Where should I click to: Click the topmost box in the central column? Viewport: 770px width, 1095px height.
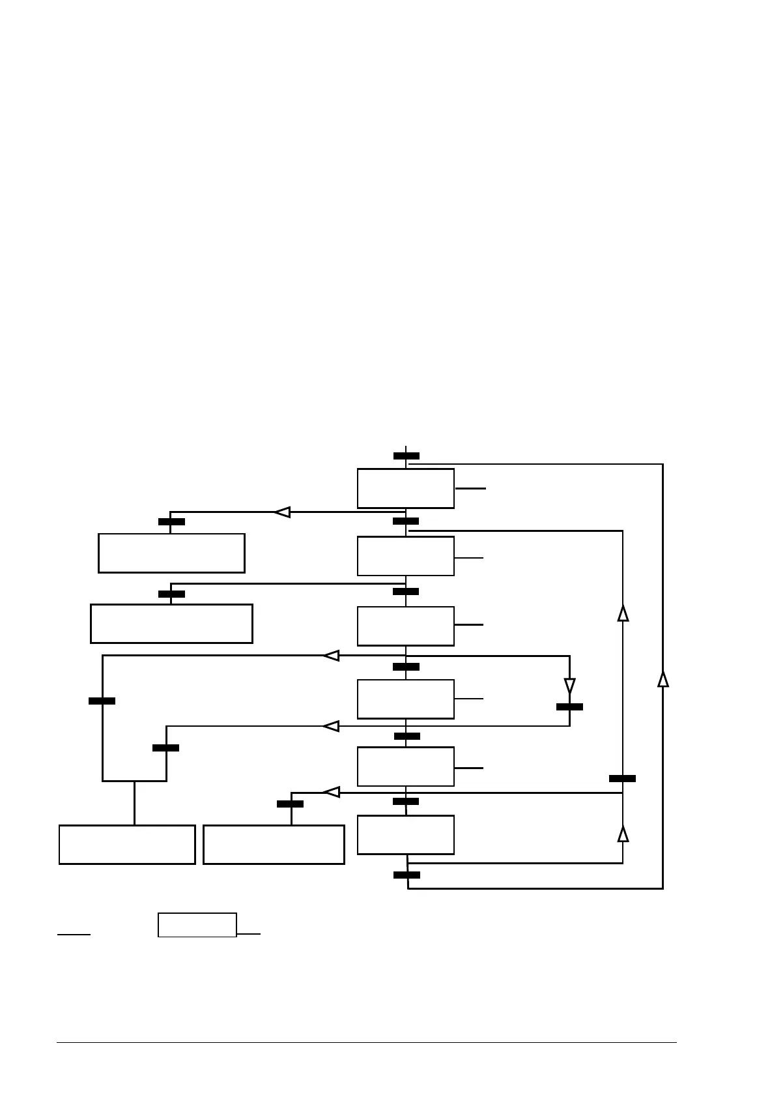(x=405, y=488)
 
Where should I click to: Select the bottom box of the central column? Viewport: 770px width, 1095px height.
(x=405, y=834)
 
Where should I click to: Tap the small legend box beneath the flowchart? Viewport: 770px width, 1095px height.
(x=197, y=925)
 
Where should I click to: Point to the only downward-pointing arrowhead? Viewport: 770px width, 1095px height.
(x=569, y=686)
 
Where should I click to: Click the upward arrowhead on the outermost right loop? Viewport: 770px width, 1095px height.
(x=663, y=679)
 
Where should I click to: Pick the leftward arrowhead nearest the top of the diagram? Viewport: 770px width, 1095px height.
(x=281, y=512)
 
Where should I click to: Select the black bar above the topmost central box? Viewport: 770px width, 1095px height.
(x=406, y=456)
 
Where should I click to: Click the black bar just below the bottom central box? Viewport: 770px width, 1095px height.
(x=406, y=875)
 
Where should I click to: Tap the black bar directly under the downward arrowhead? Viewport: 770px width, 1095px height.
(x=569, y=707)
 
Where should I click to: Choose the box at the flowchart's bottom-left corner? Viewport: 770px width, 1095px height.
(x=127, y=845)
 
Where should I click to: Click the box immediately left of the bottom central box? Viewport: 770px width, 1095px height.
(x=274, y=845)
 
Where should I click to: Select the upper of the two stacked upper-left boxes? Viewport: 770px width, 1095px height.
(x=171, y=553)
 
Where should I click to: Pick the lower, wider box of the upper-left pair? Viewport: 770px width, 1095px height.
(x=171, y=624)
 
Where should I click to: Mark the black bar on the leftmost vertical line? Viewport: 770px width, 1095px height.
(x=102, y=701)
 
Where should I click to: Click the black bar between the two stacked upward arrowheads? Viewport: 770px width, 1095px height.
(x=622, y=778)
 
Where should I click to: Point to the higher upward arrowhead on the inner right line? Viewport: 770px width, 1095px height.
(x=623, y=613)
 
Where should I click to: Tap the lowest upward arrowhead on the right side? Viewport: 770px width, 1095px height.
(x=623, y=834)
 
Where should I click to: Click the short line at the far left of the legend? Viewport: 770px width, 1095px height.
(x=74, y=934)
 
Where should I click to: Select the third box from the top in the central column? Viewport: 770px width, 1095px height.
(x=405, y=626)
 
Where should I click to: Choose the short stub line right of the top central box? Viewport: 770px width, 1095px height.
(x=470, y=488)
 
